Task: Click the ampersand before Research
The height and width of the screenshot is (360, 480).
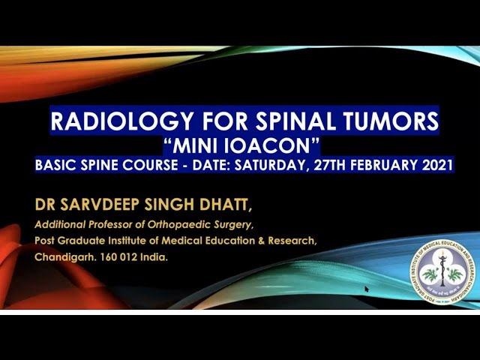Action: tap(258, 241)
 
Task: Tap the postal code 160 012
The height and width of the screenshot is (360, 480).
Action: tap(121, 257)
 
